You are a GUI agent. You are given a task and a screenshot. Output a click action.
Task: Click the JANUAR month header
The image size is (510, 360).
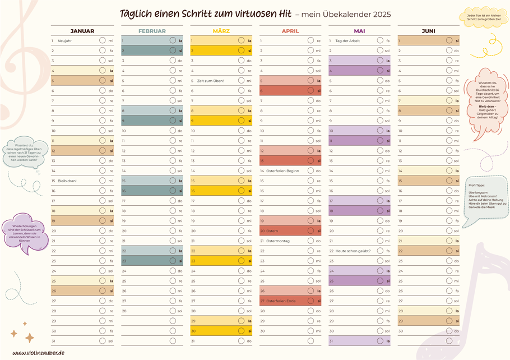pos(82,31)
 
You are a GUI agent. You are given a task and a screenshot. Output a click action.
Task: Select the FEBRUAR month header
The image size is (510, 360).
pos(152,31)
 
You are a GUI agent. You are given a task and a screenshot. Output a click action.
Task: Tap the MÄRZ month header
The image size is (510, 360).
pos(221,31)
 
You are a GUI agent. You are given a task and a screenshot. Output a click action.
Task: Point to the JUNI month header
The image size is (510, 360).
pos(428,31)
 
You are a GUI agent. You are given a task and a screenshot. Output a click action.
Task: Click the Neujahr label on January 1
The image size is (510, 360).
pos(65,41)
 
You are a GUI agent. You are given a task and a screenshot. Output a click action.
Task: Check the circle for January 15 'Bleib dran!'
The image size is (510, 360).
pos(103,181)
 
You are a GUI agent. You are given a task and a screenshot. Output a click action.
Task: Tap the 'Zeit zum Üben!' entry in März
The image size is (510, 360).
pos(210,81)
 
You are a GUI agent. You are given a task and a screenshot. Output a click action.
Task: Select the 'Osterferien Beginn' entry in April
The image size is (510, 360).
pos(282,170)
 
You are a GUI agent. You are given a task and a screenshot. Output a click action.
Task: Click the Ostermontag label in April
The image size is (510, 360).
pos(278,241)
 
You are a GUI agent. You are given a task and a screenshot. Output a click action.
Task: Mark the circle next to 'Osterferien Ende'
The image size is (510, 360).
pos(310,301)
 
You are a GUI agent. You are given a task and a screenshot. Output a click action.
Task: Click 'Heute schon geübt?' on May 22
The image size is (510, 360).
pos(353,251)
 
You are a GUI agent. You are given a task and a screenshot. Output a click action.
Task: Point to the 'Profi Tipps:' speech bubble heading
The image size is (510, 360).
pos(476,185)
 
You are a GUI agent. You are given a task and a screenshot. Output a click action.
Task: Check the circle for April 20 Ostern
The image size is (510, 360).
pos(310,230)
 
